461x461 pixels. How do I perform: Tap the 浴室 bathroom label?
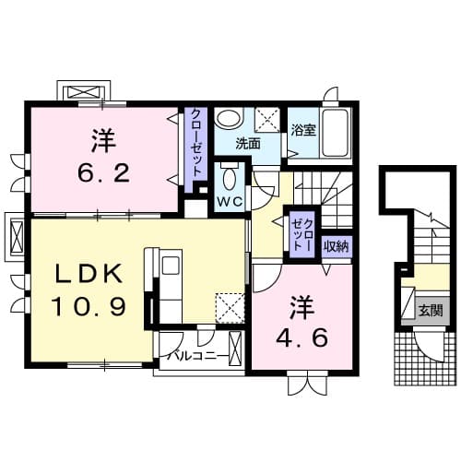click(x=303, y=130)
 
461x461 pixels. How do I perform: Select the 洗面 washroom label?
click(x=246, y=144)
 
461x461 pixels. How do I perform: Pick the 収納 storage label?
click(x=337, y=245)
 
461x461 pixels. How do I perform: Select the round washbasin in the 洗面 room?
click(x=228, y=121)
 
